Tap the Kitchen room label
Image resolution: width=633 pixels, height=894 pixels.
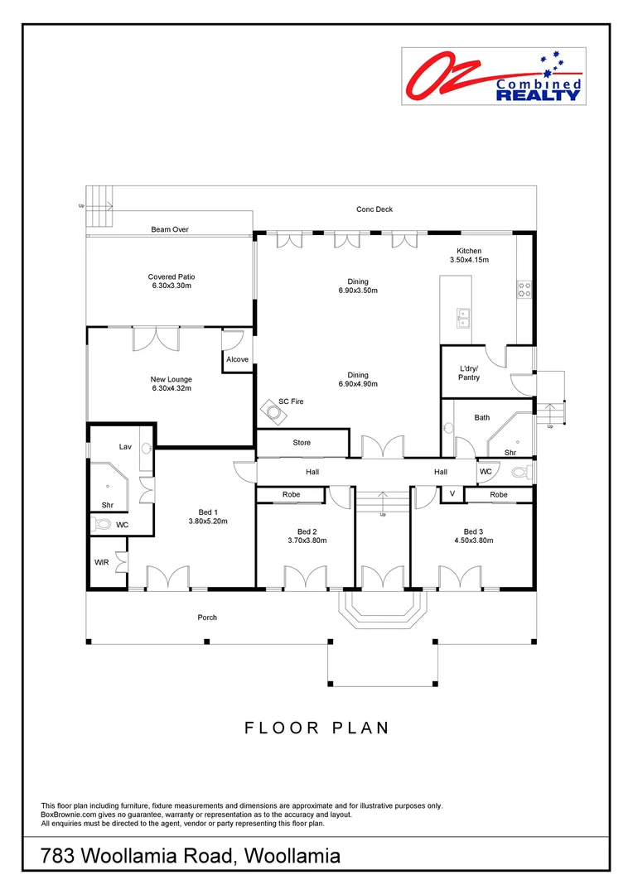tap(469, 251)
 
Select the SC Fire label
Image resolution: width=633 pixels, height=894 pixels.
tap(291, 401)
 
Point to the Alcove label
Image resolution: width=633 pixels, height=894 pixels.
tap(238, 359)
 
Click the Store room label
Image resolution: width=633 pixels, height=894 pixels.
tap(302, 443)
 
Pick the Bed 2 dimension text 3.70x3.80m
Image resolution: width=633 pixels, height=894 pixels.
tap(302, 541)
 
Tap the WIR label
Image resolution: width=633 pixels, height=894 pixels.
tap(102, 562)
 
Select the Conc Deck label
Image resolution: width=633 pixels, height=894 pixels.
tap(374, 209)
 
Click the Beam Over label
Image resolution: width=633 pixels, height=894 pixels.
tap(170, 229)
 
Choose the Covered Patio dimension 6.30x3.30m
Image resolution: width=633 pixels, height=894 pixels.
tap(172, 286)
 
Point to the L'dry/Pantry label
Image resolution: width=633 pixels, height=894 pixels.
tap(470, 372)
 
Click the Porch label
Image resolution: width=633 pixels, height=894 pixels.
tap(207, 617)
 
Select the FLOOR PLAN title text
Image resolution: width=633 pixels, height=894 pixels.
tap(316, 728)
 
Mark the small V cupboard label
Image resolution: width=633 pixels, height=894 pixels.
tap(452, 494)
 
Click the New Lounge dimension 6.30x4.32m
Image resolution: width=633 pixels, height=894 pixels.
tap(172, 388)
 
